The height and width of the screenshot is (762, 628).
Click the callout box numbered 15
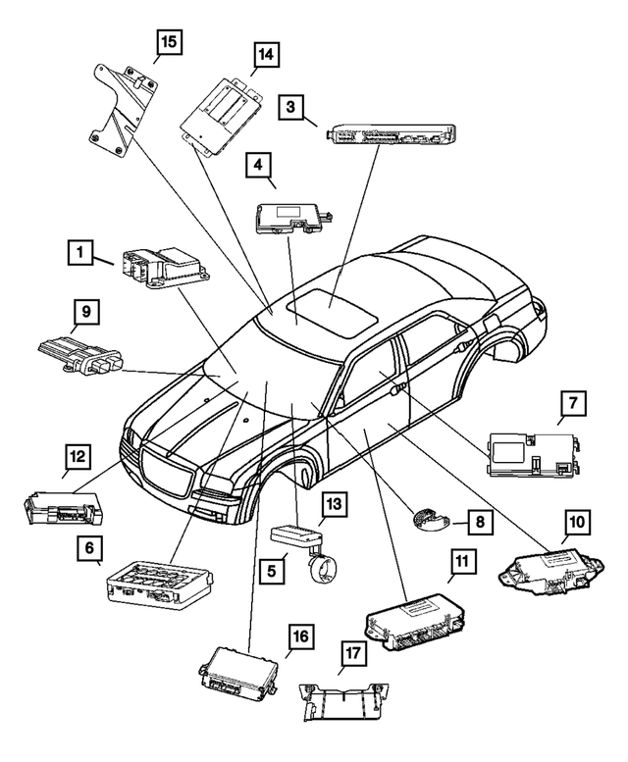tap(170, 42)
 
